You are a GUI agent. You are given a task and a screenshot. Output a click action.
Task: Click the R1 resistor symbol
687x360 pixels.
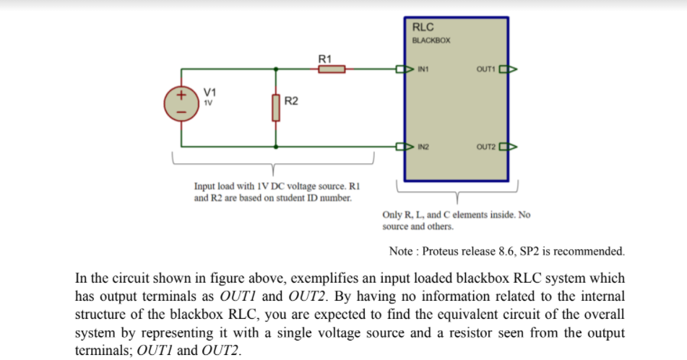(x=332, y=69)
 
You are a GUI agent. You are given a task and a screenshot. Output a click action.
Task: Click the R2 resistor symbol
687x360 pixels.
(x=275, y=108)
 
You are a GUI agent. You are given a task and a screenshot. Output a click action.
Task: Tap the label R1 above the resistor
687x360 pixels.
(x=325, y=57)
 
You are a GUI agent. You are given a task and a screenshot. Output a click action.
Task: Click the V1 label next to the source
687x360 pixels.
(x=209, y=92)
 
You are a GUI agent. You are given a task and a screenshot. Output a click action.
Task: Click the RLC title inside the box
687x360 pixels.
(x=423, y=27)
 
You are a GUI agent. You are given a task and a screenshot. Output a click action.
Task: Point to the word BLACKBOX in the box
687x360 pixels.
(x=431, y=40)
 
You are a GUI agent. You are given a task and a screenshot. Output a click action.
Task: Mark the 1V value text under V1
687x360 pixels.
(x=208, y=102)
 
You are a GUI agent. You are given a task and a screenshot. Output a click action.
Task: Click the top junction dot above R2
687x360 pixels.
(x=275, y=70)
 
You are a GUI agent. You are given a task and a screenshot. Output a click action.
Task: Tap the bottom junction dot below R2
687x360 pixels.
(x=275, y=145)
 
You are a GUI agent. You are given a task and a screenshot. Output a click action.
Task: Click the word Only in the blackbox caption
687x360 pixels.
(x=392, y=215)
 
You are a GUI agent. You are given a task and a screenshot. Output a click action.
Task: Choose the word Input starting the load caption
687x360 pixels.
(x=207, y=187)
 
